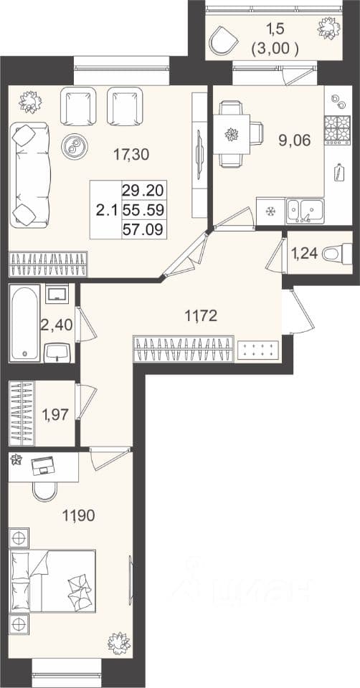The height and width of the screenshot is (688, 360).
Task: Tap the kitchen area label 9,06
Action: pyautogui.click(x=295, y=140)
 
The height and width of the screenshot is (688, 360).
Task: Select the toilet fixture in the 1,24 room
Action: pyautogui.click(x=337, y=254)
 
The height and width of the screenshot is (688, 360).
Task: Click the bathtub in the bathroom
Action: pyautogui.click(x=25, y=322)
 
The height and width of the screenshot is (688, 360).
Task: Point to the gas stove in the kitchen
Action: pyautogui.click(x=337, y=130)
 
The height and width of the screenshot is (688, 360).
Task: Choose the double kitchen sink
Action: pyautogui.click(x=305, y=211)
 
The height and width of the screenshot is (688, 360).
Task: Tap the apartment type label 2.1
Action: pyautogui.click(x=106, y=210)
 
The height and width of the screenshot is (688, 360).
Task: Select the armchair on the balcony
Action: pyautogui.click(x=223, y=39)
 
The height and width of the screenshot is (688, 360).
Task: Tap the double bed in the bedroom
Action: pyautogui.click(x=52, y=580)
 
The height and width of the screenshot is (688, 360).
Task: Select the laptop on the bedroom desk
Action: pyautogui.click(x=43, y=465)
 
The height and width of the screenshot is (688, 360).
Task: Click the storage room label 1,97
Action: pyautogui.click(x=55, y=414)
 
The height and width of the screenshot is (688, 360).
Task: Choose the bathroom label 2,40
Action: pyautogui.click(x=56, y=325)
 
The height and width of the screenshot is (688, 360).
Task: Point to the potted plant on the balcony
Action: pyautogui.click(x=328, y=27)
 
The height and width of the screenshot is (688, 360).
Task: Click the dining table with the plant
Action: pyautogui.click(x=232, y=134)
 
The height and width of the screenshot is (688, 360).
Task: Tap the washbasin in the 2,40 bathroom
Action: pyautogui.click(x=57, y=352)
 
